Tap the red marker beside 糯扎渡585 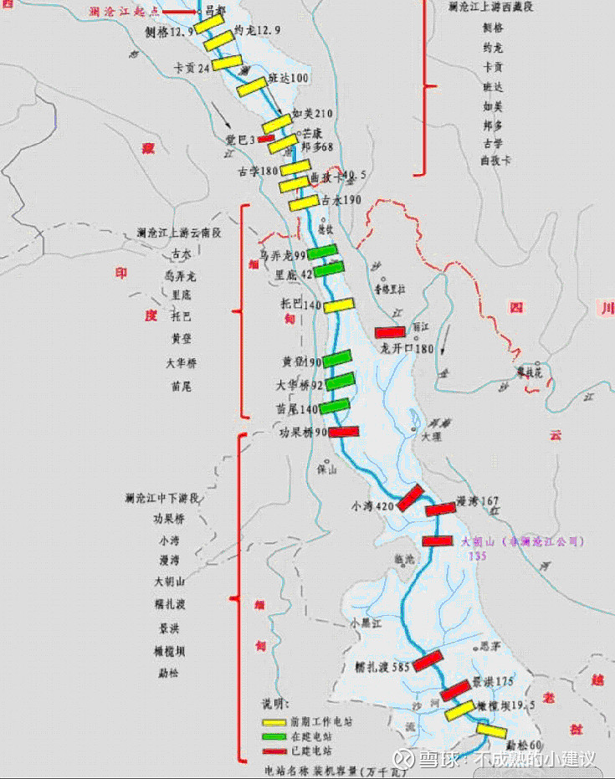pyautogui.click(x=427, y=660)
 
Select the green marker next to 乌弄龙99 pyautogui.click(x=322, y=252)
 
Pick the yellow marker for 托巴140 pyautogui.click(x=339, y=305)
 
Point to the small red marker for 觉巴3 pyautogui.click(x=266, y=139)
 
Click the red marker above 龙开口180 pyautogui.click(x=390, y=332)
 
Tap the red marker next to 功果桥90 pyautogui.click(x=344, y=432)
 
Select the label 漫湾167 pyautogui.click(x=478, y=501)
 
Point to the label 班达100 pyautogui.click(x=289, y=78)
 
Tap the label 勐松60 pyautogui.click(x=525, y=744)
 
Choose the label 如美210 pyautogui.click(x=313, y=114)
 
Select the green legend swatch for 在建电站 pyautogui.click(x=273, y=735)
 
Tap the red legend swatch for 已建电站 pyautogui.click(x=273, y=751)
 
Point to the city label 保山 pyautogui.click(x=326, y=470)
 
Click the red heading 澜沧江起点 pyautogui.click(x=124, y=12)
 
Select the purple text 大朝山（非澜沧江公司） pyautogui.click(x=523, y=541)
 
